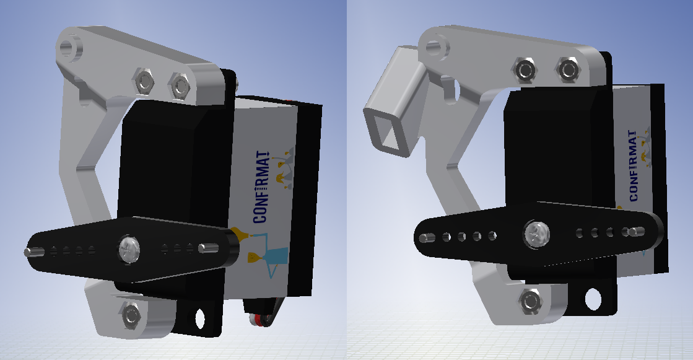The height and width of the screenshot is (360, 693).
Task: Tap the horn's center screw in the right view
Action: (x=534, y=234)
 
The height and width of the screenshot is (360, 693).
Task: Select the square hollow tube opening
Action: (x=387, y=130)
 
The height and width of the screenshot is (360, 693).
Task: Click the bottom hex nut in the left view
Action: (x=131, y=314)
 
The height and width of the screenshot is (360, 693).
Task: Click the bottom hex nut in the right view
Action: (x=530, y=301)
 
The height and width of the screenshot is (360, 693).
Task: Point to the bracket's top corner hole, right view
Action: (x=435, y=45)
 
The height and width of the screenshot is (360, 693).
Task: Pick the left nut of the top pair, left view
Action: (x=144, y=81)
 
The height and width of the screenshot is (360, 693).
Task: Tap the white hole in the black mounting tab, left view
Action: (x=200, y=318)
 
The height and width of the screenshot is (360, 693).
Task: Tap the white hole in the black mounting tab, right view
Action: (x=593, y=299)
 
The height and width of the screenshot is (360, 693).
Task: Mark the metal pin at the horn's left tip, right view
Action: (x=424, y=238)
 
